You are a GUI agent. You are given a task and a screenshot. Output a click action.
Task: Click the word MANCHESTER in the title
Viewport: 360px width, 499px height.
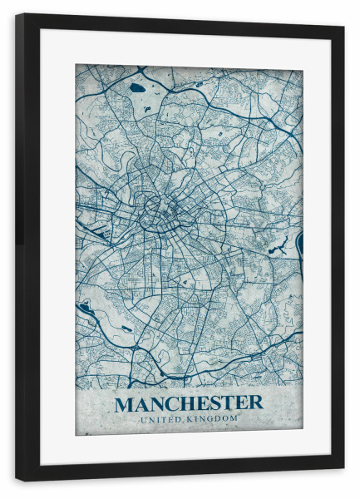pos(189,404)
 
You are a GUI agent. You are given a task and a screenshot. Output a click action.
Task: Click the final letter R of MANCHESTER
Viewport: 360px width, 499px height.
pos(255,404)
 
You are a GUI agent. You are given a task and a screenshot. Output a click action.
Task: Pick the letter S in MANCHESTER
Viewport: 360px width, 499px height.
pos(215,404)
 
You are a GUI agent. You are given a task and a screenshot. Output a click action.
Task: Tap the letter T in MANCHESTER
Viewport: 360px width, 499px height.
pos(229,404)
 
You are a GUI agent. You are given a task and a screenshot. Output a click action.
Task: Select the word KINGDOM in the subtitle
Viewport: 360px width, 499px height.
pos(213,418)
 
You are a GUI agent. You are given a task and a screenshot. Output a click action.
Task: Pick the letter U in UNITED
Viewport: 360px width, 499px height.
pos(143,418)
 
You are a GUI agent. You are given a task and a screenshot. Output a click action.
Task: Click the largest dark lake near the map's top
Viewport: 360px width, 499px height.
pos(137,87)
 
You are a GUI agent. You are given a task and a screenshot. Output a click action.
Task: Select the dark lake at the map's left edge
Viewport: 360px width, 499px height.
pos(84,308)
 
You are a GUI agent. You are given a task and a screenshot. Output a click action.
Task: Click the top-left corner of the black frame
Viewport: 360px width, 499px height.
pos(17,15)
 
